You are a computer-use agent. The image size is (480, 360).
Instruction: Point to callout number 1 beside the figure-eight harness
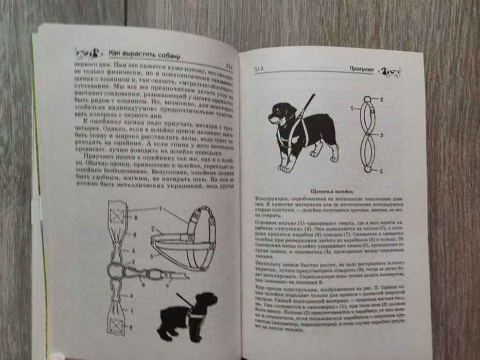tap(352, 109)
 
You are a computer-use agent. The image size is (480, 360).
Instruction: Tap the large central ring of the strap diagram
tap(117, 271)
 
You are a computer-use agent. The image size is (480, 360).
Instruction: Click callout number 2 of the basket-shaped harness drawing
tap(153, 228)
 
